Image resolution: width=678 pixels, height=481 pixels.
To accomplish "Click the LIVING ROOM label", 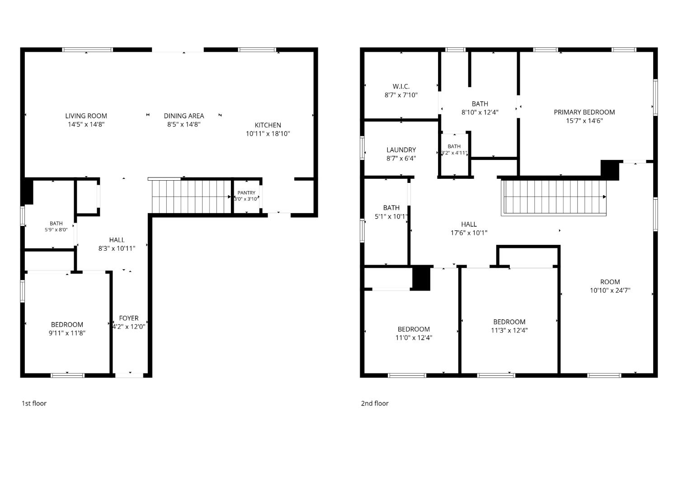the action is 86,116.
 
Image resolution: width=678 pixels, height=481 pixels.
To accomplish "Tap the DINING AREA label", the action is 184,116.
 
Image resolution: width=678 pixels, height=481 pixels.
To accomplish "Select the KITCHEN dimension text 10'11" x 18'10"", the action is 268,134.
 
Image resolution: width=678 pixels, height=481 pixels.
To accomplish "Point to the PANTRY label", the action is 246,193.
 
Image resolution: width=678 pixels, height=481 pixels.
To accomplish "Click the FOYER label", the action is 129,318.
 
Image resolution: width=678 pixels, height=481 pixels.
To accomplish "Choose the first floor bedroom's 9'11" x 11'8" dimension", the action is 67,333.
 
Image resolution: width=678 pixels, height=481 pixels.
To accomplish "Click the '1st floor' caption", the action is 34,403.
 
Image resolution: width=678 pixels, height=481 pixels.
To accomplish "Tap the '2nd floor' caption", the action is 375,403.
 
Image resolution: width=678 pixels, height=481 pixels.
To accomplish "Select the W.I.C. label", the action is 401,87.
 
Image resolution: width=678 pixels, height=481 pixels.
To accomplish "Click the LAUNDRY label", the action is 401,150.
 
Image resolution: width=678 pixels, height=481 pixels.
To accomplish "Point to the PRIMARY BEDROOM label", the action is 584,112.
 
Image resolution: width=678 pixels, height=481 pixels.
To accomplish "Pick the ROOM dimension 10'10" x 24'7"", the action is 610,290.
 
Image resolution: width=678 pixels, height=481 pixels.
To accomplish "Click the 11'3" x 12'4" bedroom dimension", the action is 509,330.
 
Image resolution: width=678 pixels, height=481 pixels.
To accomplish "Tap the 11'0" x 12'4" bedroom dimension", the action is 414,338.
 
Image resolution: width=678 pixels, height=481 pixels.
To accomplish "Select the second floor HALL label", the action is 469,224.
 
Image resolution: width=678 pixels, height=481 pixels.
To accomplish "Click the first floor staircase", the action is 191,196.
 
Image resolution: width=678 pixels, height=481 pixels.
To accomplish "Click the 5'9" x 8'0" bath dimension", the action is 56,229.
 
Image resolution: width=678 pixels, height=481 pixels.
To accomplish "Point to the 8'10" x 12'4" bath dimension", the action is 480,112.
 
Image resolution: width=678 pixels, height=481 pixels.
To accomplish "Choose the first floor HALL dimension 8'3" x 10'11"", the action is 117,249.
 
